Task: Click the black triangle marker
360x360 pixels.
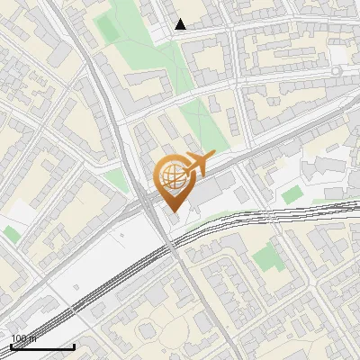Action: pos(181,24)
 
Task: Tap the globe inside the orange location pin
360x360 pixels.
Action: pos(172,176)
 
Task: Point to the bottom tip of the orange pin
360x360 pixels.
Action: pos(172,211)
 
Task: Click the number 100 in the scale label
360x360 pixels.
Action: pos(19,338)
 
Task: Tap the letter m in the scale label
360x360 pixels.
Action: pos(32,338)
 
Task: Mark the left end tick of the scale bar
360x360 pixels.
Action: pos(11,346)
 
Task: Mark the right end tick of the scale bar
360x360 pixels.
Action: pos(74,346)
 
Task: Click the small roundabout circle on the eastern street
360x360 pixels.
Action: pos(337,69)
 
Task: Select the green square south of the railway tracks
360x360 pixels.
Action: pos(265,259)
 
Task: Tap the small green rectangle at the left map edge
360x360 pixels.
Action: pos(11,234)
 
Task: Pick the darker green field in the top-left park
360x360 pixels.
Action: pos(108,29)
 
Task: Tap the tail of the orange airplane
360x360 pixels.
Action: pos(184,167)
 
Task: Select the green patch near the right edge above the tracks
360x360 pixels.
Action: pos(291,194)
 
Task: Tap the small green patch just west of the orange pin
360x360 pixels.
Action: pos(117,180)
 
